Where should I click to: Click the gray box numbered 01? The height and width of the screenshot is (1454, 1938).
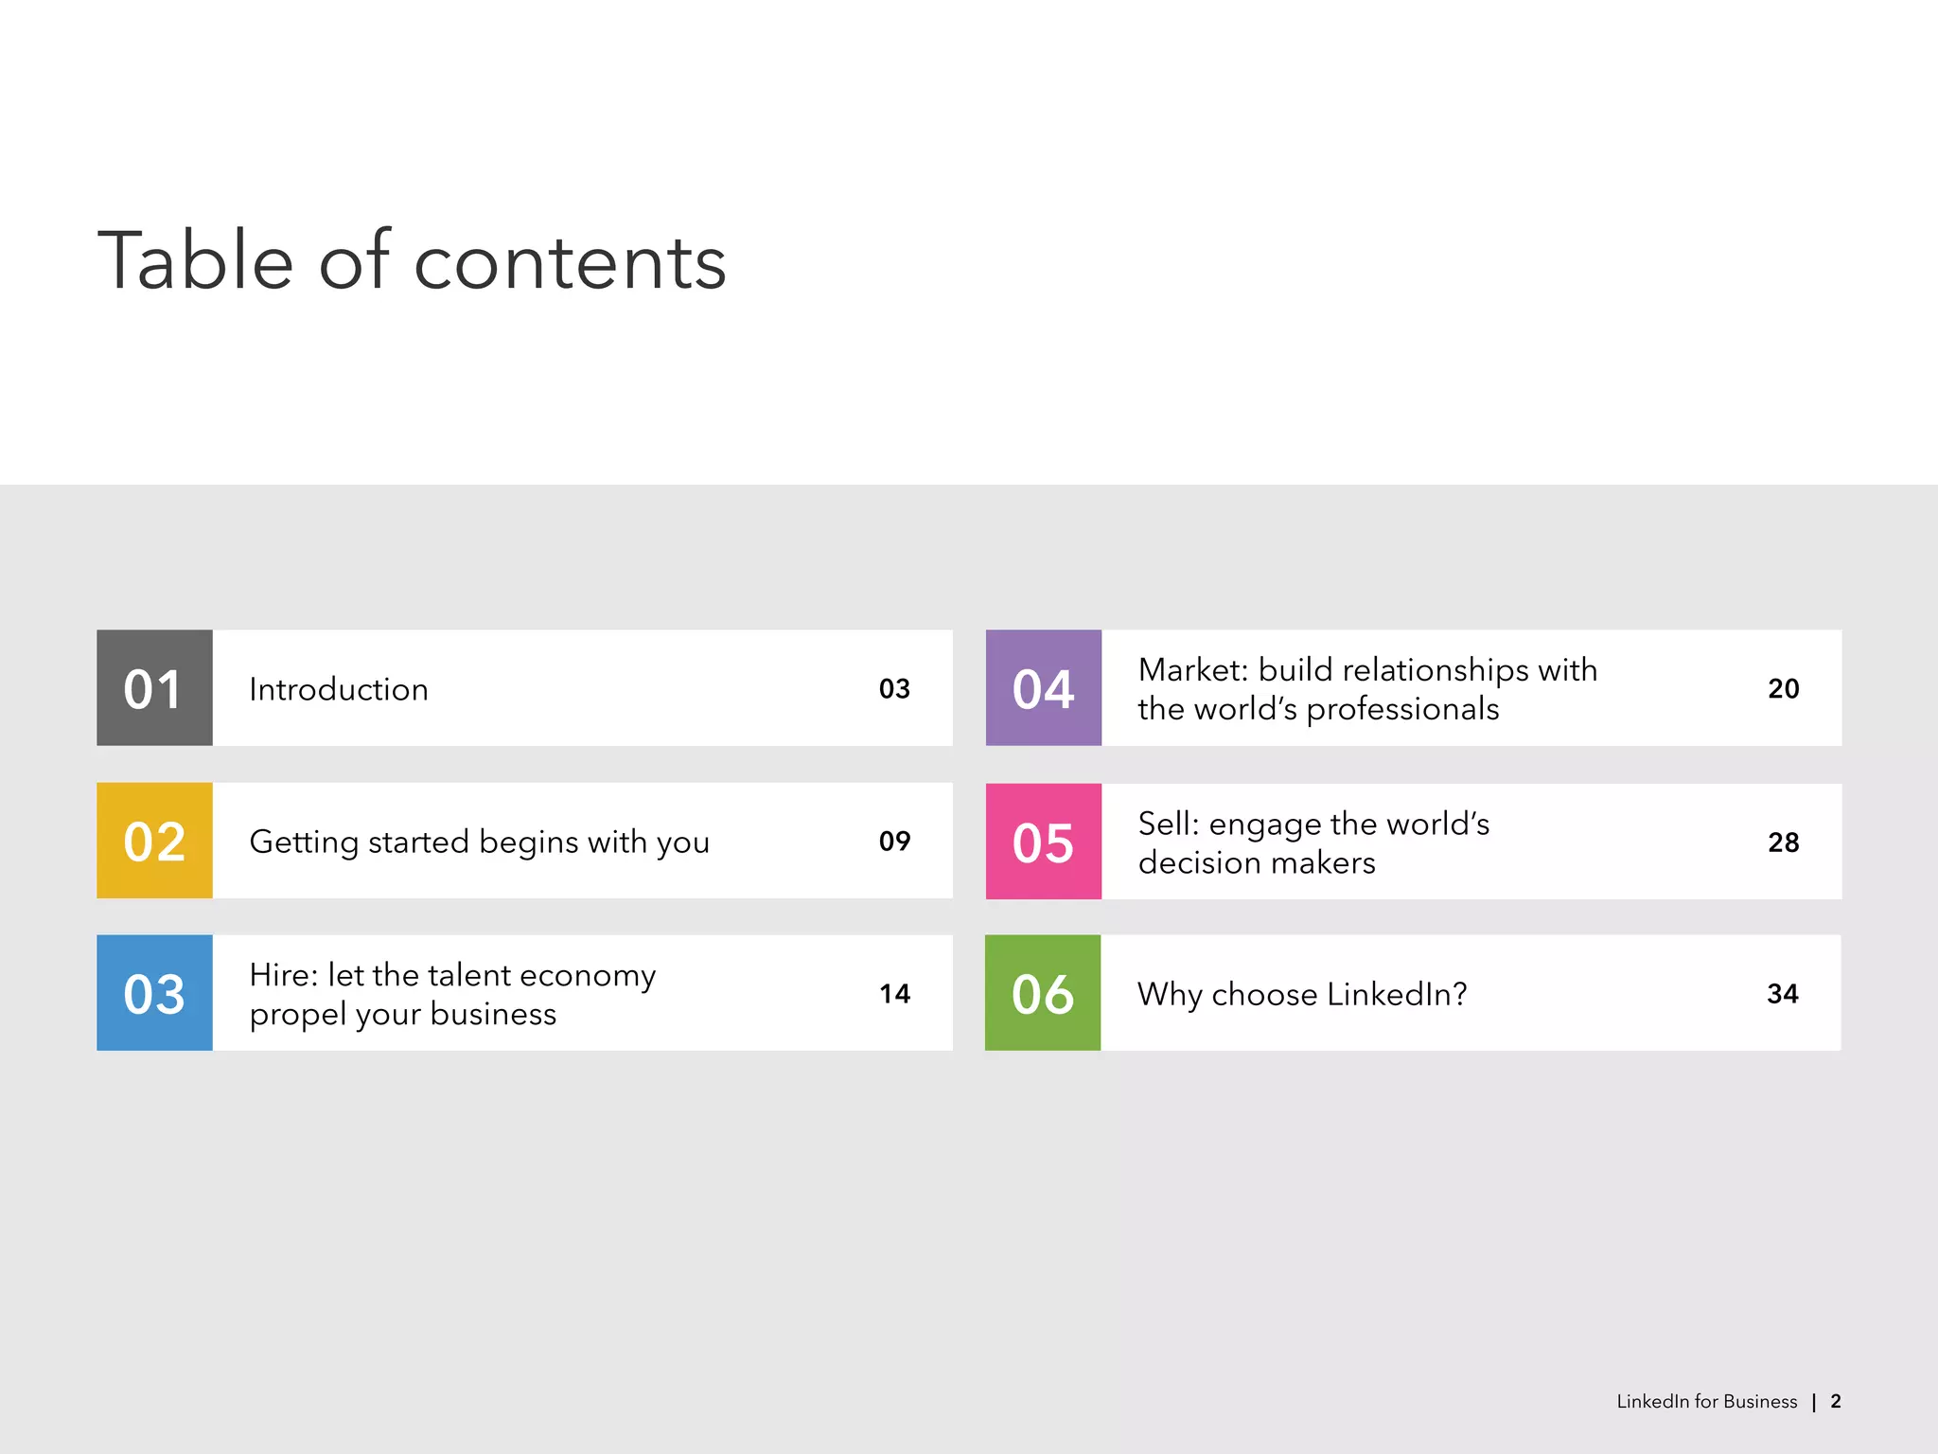(x=154, y=688)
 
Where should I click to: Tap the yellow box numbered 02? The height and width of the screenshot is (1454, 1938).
(x=154, y=841)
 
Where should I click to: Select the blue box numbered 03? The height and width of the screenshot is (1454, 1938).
(x=154, y=993)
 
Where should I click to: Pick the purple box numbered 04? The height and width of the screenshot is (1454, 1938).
(x=1043, y=688)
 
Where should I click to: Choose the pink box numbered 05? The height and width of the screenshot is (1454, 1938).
(x=1043, y=842)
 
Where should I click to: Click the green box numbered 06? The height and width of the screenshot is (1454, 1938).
(x=1043, y=993)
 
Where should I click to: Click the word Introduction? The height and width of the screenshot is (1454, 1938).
(x=339, y=689)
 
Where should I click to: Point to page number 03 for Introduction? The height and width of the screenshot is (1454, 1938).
(x=894, y=688)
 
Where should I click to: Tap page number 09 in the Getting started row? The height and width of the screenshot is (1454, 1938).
(x=894, y=841)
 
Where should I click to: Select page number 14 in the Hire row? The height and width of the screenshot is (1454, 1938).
(x=894, y=993)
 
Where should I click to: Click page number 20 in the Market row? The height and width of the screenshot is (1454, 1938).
(x=1783, y=688)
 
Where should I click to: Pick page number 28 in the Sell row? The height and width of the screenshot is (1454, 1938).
(x=1783, y=842)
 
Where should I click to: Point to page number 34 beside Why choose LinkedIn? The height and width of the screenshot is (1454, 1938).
(x=1783, y=993)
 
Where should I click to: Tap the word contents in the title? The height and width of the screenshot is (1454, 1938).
(x=570, y=262)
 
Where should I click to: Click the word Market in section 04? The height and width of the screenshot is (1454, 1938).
(x=1192, y=670)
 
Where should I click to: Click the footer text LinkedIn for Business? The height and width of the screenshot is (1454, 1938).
(x=1706, y=1401)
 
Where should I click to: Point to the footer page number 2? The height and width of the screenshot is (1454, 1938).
(x=1836, y=1401)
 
